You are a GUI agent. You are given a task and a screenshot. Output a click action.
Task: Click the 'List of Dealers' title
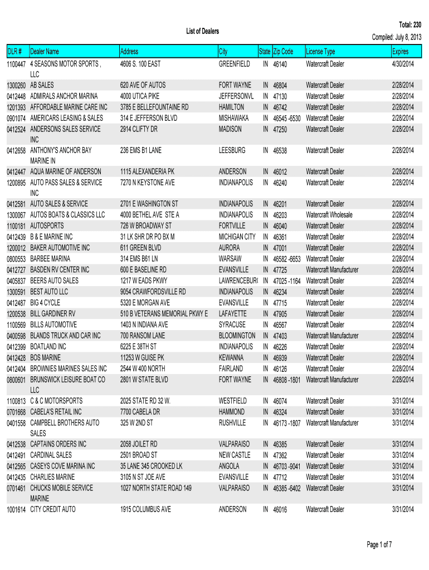point(202,31)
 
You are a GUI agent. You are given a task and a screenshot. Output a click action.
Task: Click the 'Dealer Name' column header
point(45,52)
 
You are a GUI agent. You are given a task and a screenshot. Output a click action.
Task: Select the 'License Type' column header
point(321,52)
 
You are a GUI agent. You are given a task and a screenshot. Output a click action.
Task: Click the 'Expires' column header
point(400,52)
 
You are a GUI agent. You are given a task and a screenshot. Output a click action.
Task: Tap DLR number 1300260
point(17,86)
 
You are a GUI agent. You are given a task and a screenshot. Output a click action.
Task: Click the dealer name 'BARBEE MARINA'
point(50,259)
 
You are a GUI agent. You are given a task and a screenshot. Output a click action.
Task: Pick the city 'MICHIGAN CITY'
point(237,237)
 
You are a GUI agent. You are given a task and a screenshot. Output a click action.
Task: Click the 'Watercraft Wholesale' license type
point(329,215)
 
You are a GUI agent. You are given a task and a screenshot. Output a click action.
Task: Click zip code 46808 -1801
point(287,380)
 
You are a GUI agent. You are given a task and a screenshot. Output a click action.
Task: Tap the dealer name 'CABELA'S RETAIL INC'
point(56,412)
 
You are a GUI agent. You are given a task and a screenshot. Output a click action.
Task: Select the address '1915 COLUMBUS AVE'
point(145,509)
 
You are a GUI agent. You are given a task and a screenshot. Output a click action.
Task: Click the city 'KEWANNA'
point(231,358)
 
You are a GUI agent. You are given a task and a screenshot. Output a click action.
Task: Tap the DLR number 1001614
point(17,509)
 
